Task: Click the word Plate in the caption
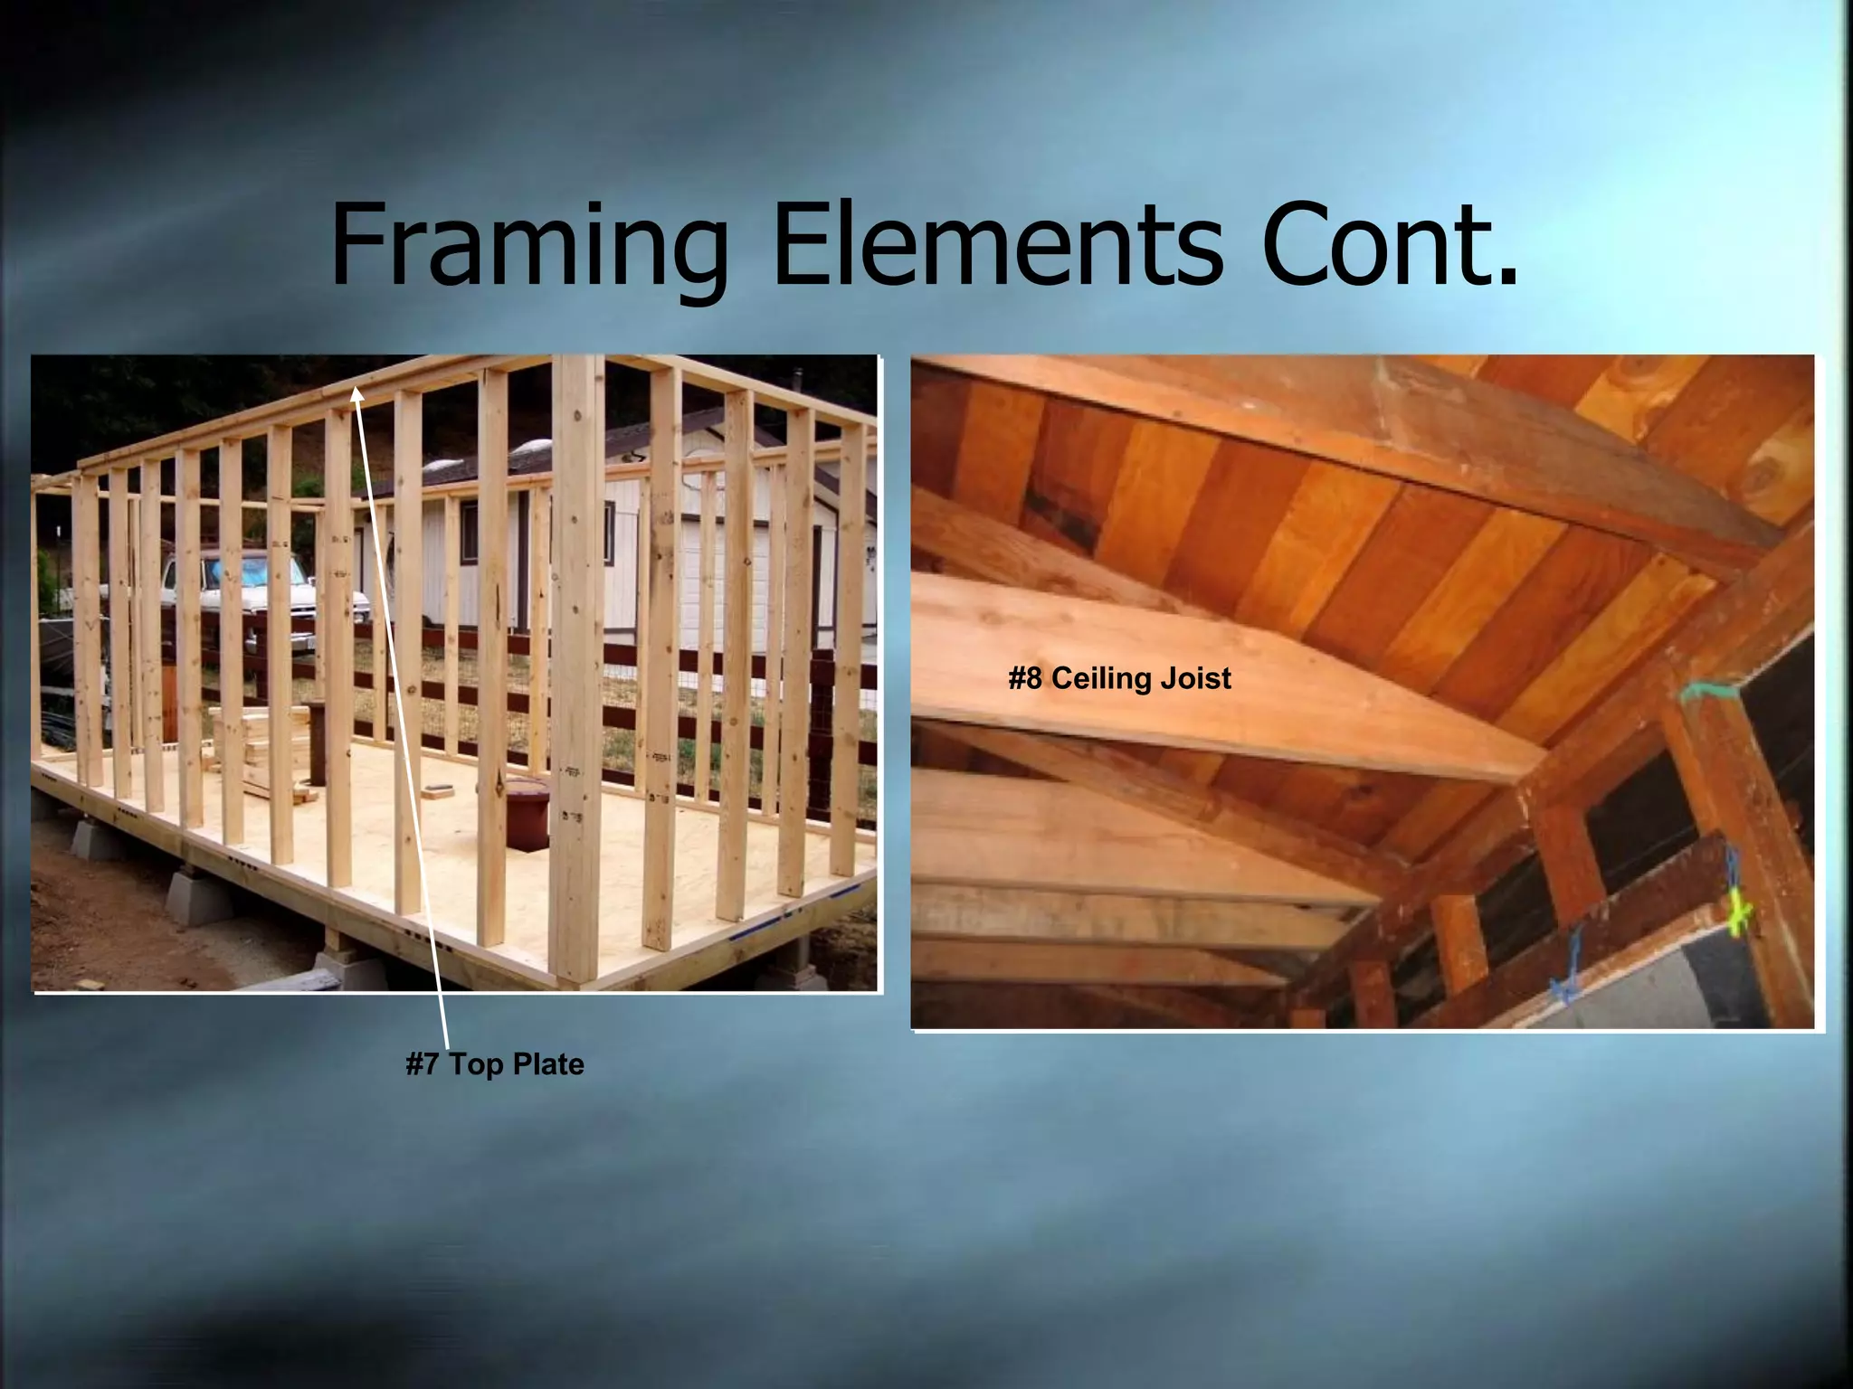tap(548, 1064)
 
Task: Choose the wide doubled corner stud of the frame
tap(576, 669)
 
